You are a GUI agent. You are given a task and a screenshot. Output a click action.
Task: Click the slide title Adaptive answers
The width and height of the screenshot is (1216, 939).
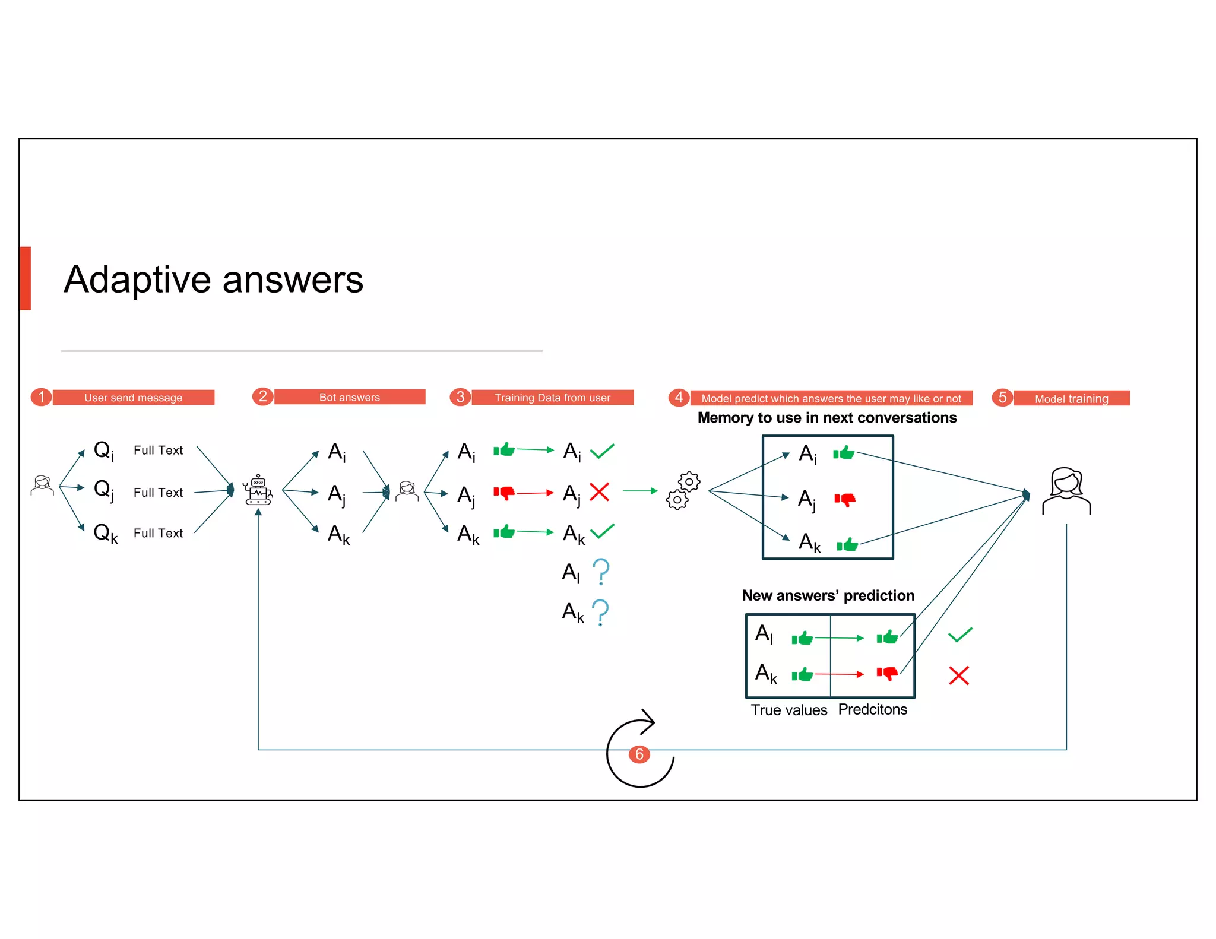pyautogui.click(x=213, y=280)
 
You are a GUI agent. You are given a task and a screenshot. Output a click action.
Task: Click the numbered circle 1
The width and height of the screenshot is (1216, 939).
pyautogui.click(x=41, y=396)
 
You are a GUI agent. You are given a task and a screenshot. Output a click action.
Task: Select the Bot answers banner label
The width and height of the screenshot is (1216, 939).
pyautogui.click(x=349, y=397)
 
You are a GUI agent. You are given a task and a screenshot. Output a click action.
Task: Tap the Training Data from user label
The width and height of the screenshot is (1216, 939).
pyautogui.click(x=552, y=398)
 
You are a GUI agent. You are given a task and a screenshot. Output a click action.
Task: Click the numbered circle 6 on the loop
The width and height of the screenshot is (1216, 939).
pyautogui.click(x=639, y=754)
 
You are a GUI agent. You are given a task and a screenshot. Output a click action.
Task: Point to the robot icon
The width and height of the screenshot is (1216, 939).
pyautogui.click(x=258, y=490)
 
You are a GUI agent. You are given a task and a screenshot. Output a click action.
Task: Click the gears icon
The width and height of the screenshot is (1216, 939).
pyautogui.click(x=683, y=491)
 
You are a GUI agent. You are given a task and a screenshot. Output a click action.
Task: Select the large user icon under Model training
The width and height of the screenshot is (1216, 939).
pyautogui.click(x=1066, y=491)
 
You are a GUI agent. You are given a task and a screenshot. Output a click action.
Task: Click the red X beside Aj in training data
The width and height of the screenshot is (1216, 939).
pyautogui.click(x=599, y=492)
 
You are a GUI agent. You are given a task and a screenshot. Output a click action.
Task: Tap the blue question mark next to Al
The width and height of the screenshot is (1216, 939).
pyautogui.click(x=601, y=572)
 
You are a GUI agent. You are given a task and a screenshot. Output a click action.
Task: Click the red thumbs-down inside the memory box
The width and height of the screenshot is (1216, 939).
pyautogui.click(x=845, y=500)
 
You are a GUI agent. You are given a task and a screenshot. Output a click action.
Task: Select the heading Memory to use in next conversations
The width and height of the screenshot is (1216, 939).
pyautogui.click(x=826, y=418)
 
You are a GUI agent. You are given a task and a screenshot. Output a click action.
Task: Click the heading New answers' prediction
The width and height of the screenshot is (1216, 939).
pyautogui.click(x=828, y=595)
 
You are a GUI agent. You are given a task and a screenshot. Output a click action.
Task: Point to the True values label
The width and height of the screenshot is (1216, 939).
pyautogui.click(x=788, y=710)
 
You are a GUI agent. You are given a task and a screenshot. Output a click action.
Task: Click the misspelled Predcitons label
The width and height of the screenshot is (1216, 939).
pyautogui.click(x=872, y=709)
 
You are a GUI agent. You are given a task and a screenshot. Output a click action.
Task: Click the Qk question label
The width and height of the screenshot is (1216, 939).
pyautogui.click(x=105, y=533)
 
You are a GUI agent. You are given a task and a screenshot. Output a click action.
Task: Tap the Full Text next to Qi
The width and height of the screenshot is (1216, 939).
pyautogui.click(x=158, y=451)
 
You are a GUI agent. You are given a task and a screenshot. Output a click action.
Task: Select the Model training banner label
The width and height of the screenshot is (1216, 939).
pyautogui.click(x=1071, y=399)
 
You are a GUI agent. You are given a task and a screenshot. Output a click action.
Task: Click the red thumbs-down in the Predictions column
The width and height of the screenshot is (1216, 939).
pyautogui.click(x=887, y=674)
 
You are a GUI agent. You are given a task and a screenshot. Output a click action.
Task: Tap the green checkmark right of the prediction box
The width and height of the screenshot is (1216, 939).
pyautogui.click(x=959, y=635)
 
